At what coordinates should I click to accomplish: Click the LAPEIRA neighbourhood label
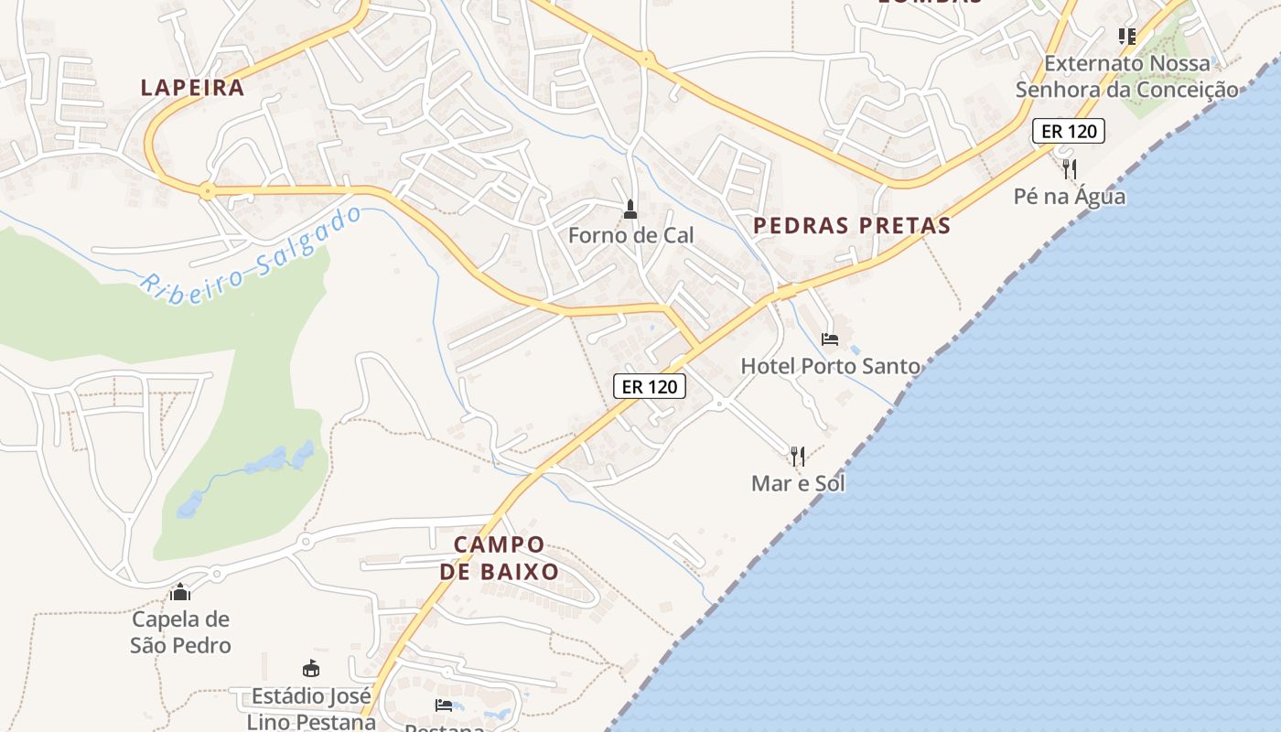click(192, 88)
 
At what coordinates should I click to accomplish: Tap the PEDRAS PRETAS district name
click(852, 225)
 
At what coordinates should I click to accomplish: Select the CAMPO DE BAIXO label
click(500, 558)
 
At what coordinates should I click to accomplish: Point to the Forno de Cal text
click(630, 235)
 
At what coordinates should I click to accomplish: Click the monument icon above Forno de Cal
click(630, 210)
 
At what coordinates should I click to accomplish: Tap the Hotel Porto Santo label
click(830, 366)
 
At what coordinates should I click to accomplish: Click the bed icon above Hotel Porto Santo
click(830, 339)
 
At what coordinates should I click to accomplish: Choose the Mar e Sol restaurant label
click(798, 483)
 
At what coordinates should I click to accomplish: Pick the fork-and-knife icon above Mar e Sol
click(798, 456)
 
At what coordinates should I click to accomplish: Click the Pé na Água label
click(1070, 196)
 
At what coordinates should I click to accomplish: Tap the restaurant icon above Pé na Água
click(1070, 169)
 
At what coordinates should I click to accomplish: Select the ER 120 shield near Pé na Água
click(1069, 131)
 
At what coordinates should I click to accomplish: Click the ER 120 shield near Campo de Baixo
click(650, 386)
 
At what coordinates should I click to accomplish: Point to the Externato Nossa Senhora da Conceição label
click(1126, 76)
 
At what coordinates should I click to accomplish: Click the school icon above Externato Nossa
click(1126, 37)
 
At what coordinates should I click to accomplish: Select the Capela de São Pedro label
click(180, 632)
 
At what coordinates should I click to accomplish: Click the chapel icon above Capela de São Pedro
click(180, 592)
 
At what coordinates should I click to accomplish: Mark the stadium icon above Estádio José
click(311, 669)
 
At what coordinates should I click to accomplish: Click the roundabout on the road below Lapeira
click(208, 192)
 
